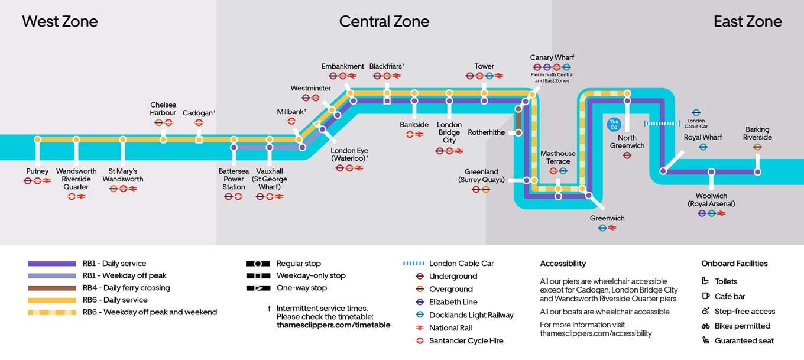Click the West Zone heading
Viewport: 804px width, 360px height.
pos(60,22)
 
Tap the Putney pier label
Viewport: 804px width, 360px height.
pos(37,171)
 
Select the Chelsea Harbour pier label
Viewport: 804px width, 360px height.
pos(163,109)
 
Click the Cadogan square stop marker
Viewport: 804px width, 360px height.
pos(199,140)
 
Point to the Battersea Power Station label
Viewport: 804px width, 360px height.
pos(234,179)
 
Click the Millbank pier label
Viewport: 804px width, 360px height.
pos(291,112)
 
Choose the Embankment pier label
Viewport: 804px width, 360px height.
pos(342,66)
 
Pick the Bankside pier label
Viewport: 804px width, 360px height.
pos(414,125)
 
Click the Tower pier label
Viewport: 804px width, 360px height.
pos(484,66)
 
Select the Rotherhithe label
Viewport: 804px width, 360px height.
pos(487,132)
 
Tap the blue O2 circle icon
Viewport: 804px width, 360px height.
pos(614,125)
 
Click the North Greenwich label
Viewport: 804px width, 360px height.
pos(627,142)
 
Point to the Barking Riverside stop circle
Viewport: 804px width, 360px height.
pos(757,172)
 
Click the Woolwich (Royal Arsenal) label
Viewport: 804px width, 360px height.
pos(711,200)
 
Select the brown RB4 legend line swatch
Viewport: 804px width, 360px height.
pos(52,288)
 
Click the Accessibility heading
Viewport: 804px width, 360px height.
pos(563,264)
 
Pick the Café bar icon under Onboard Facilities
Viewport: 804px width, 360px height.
pos(705,296)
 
